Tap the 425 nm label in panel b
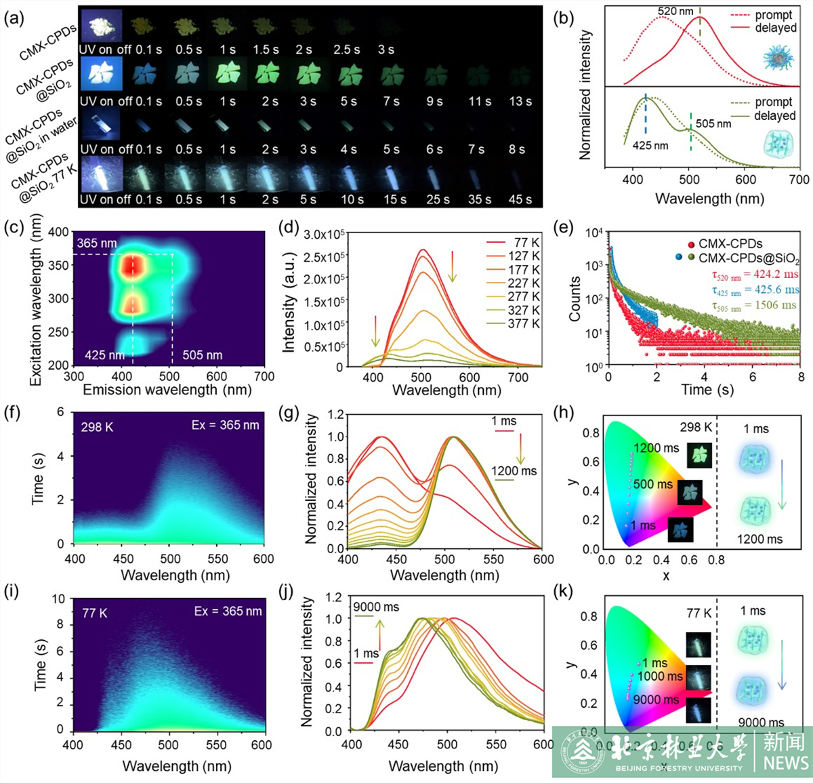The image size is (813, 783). (x=650, y=146)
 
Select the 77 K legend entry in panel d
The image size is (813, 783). (x=526, y=243)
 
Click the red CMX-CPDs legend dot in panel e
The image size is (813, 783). (x=691, y=244)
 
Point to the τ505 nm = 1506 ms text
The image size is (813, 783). (x=754, y=305)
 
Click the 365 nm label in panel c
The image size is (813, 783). (x=96, y=243)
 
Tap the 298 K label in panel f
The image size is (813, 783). (x=97, y=427)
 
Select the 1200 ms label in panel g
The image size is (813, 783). (x=514, y=470)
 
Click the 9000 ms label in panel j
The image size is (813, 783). (x=376, y=607)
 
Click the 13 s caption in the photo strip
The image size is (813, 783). (x=520, y=101)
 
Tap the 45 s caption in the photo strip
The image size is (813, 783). (x=520, y=199)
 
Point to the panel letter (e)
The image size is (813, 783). (x=563, y=226)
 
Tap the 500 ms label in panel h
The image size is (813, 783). (x=652, y=484)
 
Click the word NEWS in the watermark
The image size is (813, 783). (x=785, y=763)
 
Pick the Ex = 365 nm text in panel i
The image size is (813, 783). (x=228, y=611)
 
